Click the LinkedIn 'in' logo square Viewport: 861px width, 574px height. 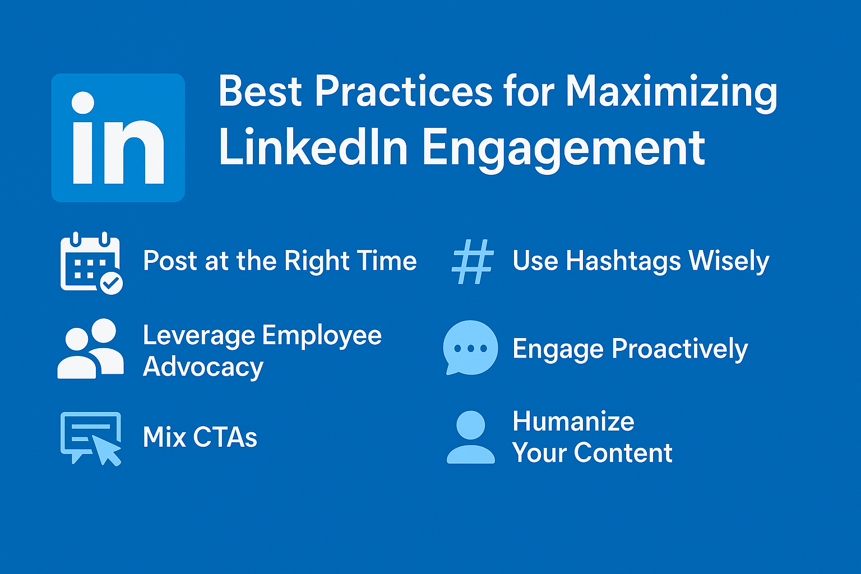(118, 138)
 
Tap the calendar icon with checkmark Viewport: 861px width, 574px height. (90, 261)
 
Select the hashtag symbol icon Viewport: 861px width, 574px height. (473, 261)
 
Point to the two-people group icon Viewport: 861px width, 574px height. (90, 349)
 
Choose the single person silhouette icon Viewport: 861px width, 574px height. (470, 437)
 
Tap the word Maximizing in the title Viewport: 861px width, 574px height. (671, 92)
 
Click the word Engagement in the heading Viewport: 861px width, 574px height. (563, 148)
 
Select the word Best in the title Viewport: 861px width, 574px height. (261, 91)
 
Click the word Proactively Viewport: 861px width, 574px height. (679, 349)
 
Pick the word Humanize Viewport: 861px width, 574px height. (573, 422)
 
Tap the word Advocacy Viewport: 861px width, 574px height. (203, 368)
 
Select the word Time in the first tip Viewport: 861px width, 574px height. (387, 261)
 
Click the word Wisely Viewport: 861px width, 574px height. (729, 262)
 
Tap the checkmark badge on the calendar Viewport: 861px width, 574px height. (112, 283)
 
